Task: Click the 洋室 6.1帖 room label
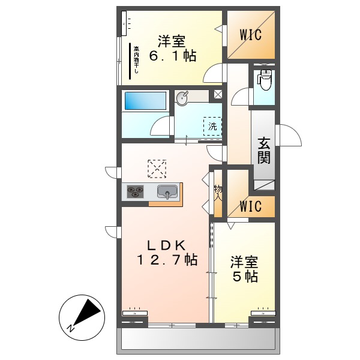coord(172,49)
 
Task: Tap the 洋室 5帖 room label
coord(245,269)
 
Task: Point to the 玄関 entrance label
coord(264,151)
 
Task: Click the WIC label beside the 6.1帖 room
coord(251,34)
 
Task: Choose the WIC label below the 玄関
coord(251,206)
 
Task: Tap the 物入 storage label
coord(218,192)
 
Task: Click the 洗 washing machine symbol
coord(212,126)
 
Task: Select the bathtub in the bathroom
coord(145,101)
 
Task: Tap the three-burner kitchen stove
coord(136,192)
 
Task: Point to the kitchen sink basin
coord(167,192)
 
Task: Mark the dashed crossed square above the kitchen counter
coord(157,169)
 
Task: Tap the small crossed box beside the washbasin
coord(217,94)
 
